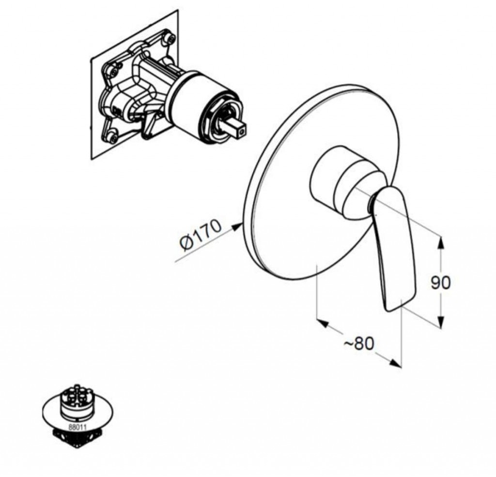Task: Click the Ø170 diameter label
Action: pyautogui.click(x=201, y=235)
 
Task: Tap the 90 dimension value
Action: pyautogui.click(x=440, y=282)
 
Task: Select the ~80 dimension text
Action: pyautogui.click(x=359, y=343)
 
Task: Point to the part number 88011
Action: pyautogui.click(x=77, y=427)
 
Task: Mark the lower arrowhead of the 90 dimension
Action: pyautogui.click(x=441, y=321)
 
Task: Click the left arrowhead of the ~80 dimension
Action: pyautogui.click(x=322, y=323)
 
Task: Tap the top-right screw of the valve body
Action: pyautogui.click(x=170, y=39)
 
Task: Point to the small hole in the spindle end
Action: pyautogui.click(x=243, y=130)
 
